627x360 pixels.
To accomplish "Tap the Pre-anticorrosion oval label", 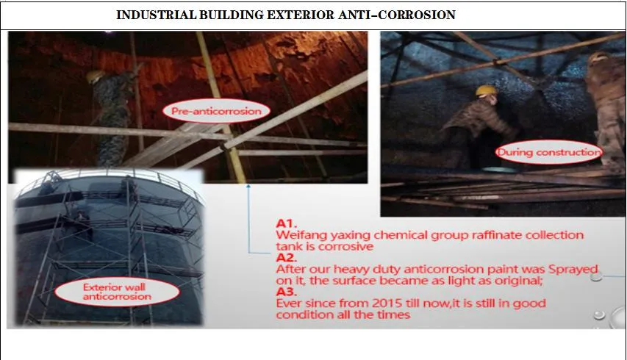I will [x=216, y=112].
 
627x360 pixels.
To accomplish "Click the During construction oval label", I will [x=548, y=153].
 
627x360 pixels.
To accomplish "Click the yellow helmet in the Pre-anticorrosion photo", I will [x=93, y=75].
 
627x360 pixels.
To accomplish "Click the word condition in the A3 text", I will [x=301, y=315].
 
